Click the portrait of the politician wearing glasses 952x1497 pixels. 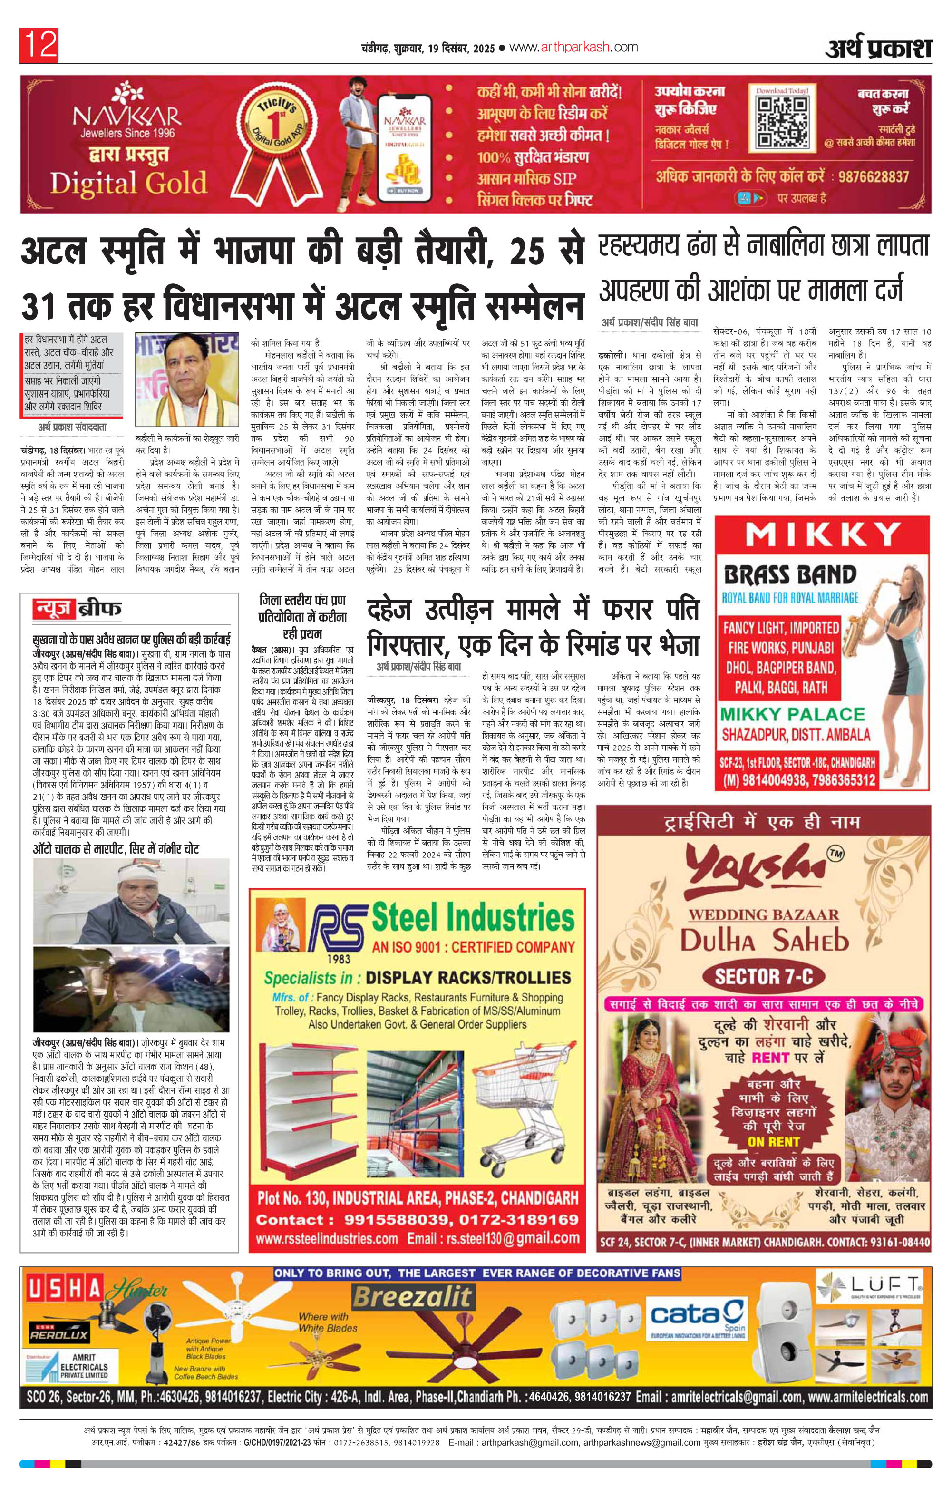click(x=186, y=378)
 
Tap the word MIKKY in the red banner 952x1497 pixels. click(x=823, y=534)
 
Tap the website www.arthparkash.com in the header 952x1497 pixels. click(x=576, y=47)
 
